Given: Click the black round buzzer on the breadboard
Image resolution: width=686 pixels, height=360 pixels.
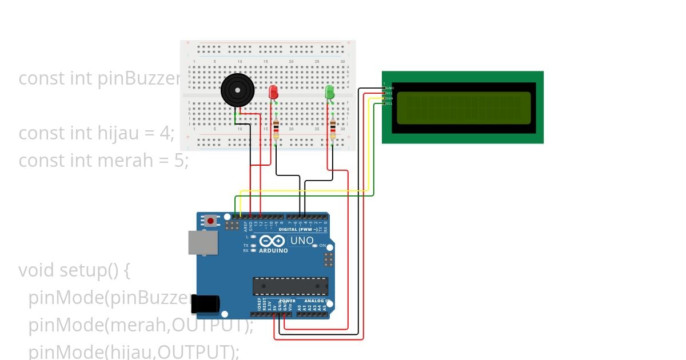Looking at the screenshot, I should click(x=237, y=90).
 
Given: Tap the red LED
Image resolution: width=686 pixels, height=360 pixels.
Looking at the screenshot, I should click(x=273, y=92).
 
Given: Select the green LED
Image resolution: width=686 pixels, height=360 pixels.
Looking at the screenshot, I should click(x=329, y=92).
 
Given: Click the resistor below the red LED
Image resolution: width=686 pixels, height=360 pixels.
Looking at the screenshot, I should click(x=276, y=129).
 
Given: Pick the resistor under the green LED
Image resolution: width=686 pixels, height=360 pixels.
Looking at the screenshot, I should click(x=333, y=129).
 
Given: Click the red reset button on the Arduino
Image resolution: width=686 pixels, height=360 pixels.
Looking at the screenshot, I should click(x=211, y=221).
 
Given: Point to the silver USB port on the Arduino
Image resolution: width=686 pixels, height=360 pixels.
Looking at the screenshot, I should click(x=203, y=243).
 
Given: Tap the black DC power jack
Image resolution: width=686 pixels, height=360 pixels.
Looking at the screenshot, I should click(x=205, y=303).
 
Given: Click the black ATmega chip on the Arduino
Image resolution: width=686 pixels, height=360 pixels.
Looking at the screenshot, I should click(x=290, y=286).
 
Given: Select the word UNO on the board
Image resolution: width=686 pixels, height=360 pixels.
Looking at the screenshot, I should click(x=302, y=241).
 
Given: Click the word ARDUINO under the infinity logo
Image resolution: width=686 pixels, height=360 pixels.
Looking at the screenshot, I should click(x=273, y=251).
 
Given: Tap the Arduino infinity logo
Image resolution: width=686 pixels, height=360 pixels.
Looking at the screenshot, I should click(x=273, y=241).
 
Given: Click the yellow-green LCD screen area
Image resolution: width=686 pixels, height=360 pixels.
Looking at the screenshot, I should click(x=463, y=108).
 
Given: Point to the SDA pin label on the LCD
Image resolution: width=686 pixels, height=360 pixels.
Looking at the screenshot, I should click(x=389, y=98).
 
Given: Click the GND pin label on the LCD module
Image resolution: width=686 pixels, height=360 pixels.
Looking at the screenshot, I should click(x=390, y=88).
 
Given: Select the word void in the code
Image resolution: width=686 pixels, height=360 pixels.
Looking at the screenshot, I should click(x=37, y=270).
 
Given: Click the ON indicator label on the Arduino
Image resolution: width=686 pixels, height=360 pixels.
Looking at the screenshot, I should click(x=322, y=246).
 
